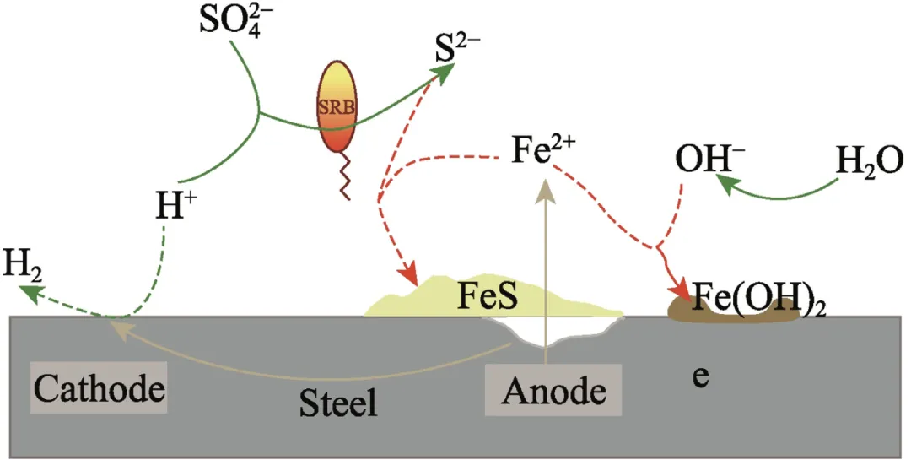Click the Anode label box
[x=553, y=390]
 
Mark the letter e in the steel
[x=699, y=376]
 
